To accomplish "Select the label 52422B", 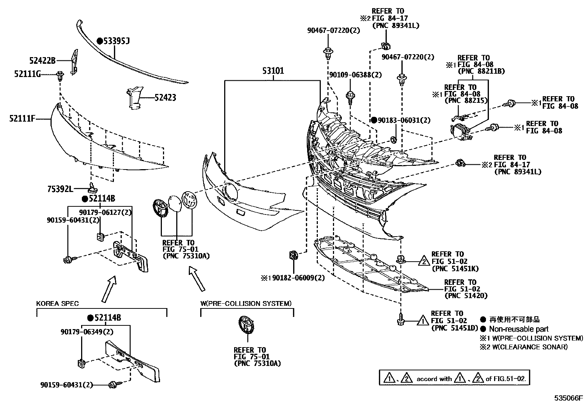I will click(42, 60).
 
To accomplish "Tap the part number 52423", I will click(165, 98).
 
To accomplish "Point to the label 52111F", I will click(22, 119).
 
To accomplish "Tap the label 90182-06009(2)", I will click(299, 278).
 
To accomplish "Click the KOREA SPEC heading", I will click(57, 304).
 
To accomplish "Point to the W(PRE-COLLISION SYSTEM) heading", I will click(246, 304).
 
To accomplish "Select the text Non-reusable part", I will click(519, 329).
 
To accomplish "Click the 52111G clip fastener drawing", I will click(60, 76).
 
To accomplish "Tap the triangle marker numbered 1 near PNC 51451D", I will click(423, 321).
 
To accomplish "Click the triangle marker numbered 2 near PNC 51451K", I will click(424, 262).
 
